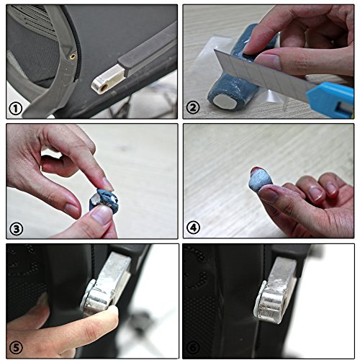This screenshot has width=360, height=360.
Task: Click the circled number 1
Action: coord(16,109)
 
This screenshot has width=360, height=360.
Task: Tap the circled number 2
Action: coord(193,107)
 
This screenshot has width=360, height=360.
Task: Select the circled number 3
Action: coord(16,229)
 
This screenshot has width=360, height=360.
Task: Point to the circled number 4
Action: coord(193,228)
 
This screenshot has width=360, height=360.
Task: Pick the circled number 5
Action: coord(16,347)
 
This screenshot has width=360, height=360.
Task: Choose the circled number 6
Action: coord(193,347)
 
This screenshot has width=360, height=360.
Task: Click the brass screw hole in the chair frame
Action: coord(72,57)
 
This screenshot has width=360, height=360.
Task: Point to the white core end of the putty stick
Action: coord(225,100)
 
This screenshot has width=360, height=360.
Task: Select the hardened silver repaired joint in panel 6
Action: coord(275,292)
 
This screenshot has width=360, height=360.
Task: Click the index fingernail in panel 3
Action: coord(107,184)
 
